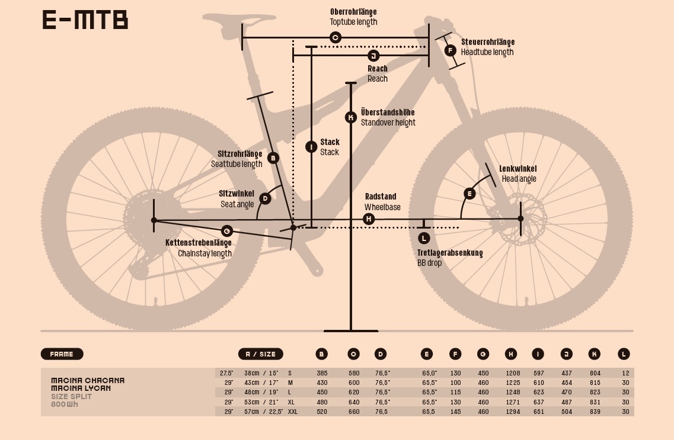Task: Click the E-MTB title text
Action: click(85, 20)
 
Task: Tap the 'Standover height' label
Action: click(388, 123)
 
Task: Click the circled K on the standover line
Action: click(351, 118)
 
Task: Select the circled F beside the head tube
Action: click(450, 50)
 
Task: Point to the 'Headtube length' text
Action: click(487, 52)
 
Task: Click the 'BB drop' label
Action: click(429, 262)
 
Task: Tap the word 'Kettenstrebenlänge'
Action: click(198, 243)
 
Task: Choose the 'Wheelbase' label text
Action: click(382, 207)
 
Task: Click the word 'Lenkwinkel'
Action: click(518, 169)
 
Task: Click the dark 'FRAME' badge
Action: click(62, 354)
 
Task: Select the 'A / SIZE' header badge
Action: click(260, 354)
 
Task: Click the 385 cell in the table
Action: click(321, 373)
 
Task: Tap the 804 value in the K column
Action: click(595, 373)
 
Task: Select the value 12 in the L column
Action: click(626, 373)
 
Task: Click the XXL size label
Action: click(292, 412)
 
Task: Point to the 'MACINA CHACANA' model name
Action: click(88, 380)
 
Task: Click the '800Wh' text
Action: click(64, 404)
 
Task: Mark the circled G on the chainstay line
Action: click(226, 231)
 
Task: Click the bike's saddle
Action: click(225, 20)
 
